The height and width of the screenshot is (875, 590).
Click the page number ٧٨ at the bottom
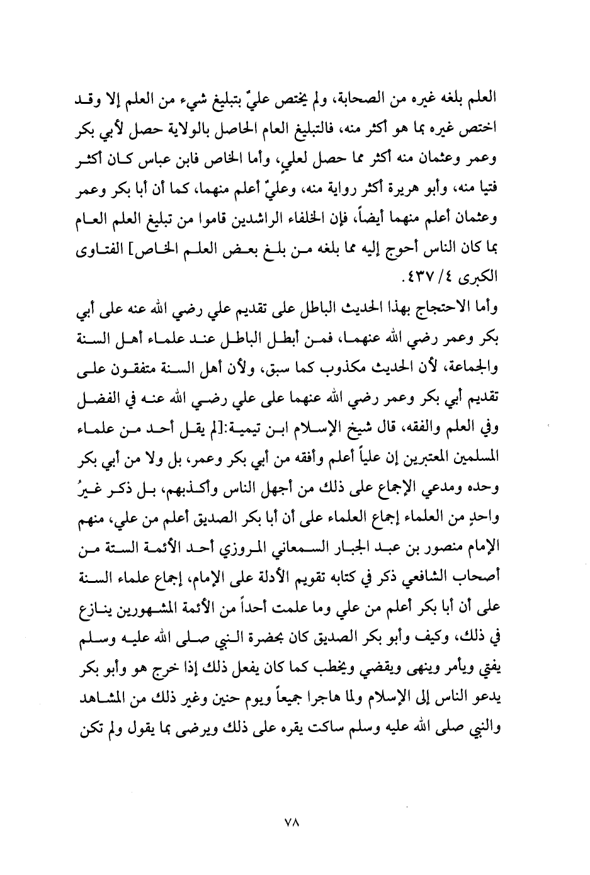pyautogui.click(x=295, y=821)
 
